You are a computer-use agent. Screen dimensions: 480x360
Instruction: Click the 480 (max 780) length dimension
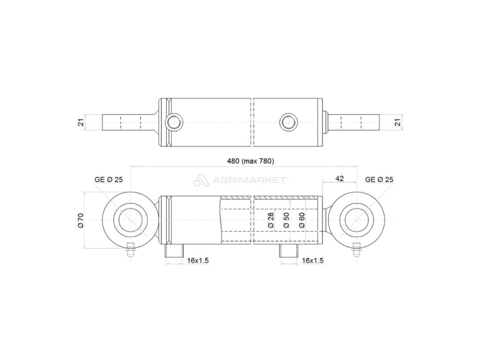click(x=250, y=161)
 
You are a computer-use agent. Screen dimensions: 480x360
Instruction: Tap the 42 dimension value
click(x=339, y=179)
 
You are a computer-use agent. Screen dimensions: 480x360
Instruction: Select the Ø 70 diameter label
click(x=81, y=220)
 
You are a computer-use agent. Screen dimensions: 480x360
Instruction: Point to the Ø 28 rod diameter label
click(x=270, y=220)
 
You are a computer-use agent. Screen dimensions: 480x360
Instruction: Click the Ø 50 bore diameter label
click(x=286, y=220)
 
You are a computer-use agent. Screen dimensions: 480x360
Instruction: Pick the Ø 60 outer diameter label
click(x=301, y=220)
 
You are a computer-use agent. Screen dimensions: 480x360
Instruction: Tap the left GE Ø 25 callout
click(x=109, y=180)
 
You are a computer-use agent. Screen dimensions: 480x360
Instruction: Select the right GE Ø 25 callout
click(x=379, y=180)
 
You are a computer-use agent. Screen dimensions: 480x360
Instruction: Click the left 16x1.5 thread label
click(x=198, y=261)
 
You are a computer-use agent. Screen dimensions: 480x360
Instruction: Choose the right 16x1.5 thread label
click(x=313, y=261)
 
